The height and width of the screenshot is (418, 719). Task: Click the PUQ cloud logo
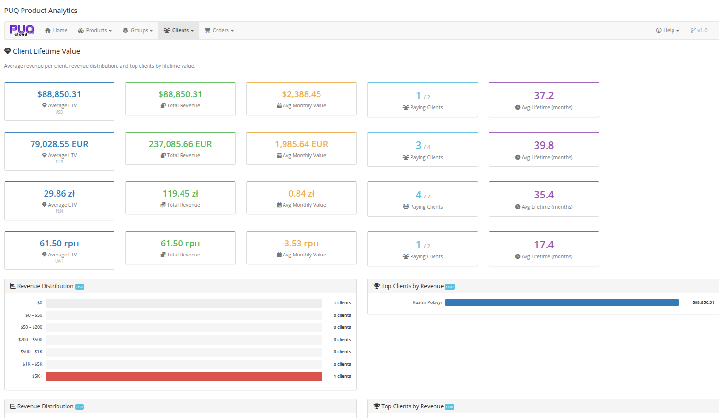click(22, 30)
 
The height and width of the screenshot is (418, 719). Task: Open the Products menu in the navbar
click(95, 30)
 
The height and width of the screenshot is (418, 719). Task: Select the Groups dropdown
click(138, 30)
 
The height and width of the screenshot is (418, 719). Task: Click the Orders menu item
click(219, 30)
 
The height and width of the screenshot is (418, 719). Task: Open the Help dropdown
click(668, 30)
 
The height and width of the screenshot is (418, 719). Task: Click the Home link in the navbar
click(56, 30)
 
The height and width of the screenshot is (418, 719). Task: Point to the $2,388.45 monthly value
click(301, 94)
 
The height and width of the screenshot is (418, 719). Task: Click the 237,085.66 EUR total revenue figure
click(180, 144)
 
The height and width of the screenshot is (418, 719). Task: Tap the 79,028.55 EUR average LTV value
click(59, 144)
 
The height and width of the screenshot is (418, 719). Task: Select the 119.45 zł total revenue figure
click(180, 194)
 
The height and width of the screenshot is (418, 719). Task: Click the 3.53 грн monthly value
click(301, 244)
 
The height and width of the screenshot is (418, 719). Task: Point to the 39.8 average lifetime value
click(544, 145)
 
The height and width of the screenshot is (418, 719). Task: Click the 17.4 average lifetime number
click(544, 244)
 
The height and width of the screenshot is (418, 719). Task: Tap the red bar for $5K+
click(184, 376)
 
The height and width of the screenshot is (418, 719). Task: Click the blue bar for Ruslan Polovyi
click(562, 302)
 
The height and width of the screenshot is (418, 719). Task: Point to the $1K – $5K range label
click(33, 364)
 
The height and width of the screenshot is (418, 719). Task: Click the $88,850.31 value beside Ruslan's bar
click(703, 302)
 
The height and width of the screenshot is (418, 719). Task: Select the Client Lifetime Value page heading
click(46, 51)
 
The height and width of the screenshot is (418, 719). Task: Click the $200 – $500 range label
click(30, 340)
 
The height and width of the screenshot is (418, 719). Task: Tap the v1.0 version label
click(699, 30)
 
